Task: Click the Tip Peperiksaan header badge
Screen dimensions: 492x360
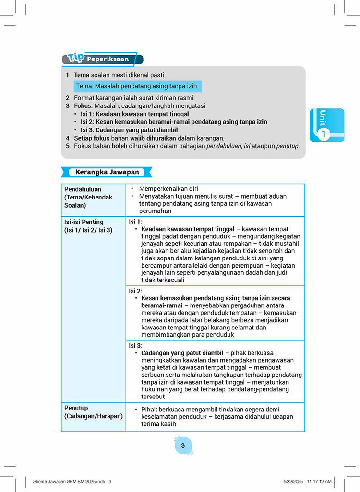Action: click(x=102, y=59)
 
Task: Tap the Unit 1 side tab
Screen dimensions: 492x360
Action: click(x=327, y=125)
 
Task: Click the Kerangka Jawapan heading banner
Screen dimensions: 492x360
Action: click(x=107, y=172)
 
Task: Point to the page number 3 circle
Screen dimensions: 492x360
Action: click(x=182, y=446)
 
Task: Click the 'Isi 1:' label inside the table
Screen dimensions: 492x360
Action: click(x=136, y=222)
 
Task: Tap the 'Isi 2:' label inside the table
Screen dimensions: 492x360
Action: click(x=136, y=291)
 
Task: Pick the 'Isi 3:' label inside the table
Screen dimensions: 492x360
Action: click(x=136, y=345)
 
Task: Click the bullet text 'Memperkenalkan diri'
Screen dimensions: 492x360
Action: click(x=168, y=189)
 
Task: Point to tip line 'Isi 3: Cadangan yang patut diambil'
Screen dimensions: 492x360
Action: click(x=129, y=130)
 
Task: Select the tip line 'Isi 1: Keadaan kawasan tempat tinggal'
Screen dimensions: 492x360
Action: click(x=134, y=114)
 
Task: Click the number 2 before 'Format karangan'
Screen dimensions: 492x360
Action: click(x=68, y=98)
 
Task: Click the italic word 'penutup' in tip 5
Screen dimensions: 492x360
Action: click(x=288, y=146)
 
